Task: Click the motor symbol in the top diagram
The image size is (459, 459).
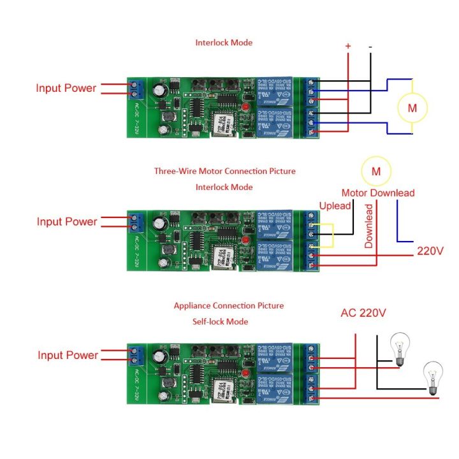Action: tap(412, 107)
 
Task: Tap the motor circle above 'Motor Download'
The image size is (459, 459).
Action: tap(376, 171)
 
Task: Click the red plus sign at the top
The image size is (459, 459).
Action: tap(348, 46)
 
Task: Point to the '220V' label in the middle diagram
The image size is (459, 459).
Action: tap(430, 251)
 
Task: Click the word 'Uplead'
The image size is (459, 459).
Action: tap(335, 206)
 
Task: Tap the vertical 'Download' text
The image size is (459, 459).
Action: tap(368, 226)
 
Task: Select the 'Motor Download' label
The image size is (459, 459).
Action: tap(378, 193)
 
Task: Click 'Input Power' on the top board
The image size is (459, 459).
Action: tap(66, 88)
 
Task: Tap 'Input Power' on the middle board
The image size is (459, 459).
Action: tap(67, 222)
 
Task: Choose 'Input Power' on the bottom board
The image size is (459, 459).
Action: tap(68, 355)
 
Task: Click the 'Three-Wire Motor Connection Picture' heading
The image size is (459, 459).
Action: tap(224, 171)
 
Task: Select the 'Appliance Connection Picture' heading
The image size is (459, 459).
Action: tap(229, 306)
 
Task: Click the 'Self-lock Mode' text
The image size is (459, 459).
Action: tap(220, 322)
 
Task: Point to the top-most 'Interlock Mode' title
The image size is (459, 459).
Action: tap(224, 43)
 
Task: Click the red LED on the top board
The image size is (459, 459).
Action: tap(246, 106)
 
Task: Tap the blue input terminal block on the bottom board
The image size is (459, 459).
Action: tap(135, 355)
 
